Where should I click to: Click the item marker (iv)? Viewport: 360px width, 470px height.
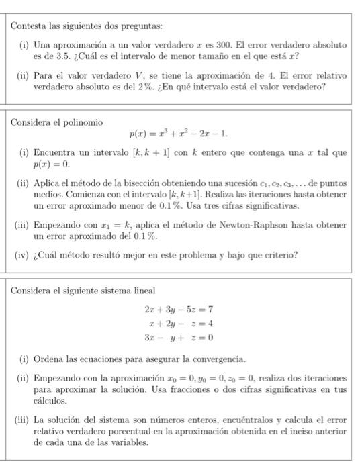[x=22, y=255]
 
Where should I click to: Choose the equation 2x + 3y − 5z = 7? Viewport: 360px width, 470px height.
[x=178, y=310]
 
